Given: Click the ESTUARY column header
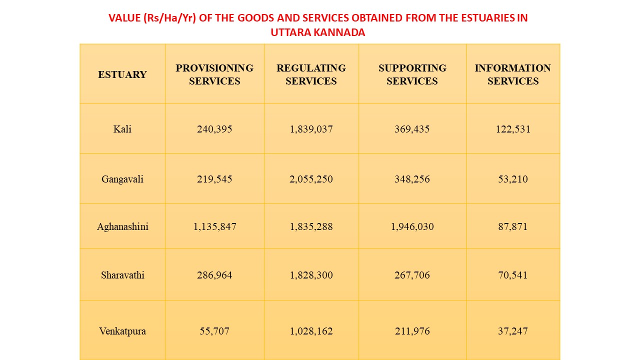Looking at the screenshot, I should pos(122,74).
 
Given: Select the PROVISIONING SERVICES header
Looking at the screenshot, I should pos(214,74).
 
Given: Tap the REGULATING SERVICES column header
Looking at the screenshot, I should pos(311,74).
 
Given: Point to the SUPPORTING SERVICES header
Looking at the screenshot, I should pos(412,74).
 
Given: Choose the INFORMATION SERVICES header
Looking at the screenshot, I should pos(512,74).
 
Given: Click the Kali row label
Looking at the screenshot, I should pos(122,129).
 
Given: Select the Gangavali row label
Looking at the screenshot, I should pos(122,179).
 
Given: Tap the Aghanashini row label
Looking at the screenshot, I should pos(122,226).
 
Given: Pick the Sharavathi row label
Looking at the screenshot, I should pos(122,275).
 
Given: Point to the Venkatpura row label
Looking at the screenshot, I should pos(122,331).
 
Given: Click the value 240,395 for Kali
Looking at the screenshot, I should pos(214,129).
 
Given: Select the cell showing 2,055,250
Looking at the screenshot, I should pos(311,179).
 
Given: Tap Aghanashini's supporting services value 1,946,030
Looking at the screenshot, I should pos(412,226).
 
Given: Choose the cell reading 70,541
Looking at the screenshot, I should pos(512,275).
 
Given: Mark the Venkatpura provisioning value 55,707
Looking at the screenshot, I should pos(214,331).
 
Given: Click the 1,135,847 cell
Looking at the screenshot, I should pos(214,226).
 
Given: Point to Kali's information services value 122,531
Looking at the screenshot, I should pos(512,129).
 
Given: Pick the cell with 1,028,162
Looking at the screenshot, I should pos(311,331).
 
